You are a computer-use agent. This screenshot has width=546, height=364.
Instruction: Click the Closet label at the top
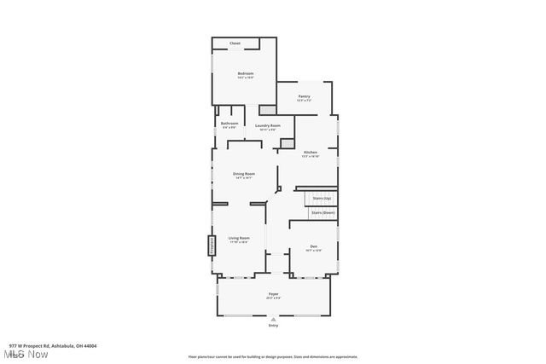pyautogui.click(x=235, y=43)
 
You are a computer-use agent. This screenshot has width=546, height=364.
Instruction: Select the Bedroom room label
pyautogui.click(x=246, y=74)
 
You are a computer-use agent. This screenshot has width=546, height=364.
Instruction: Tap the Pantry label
pyautogui.click(x=304, y=96)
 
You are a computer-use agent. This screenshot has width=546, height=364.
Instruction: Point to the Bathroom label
pyautogui.click(x=229, y=124)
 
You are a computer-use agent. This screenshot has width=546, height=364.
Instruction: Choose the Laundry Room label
pyautogui.click(x=267, y=125)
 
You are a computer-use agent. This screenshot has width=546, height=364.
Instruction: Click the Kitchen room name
pyautogui.click(x=310, y=153)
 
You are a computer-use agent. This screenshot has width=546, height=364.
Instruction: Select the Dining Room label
pyautogui.click(x=244, y=174)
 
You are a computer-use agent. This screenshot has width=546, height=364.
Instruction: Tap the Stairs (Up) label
pyautogui.click(x=321, y=198)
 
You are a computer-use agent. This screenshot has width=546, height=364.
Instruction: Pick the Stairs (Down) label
pyautogui.click(x=322, y=211)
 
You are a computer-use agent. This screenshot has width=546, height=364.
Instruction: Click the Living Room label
pyautogui.click(x=238, y=238)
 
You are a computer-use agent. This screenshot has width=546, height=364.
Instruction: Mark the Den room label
pyautogui.click(x=313, y=246)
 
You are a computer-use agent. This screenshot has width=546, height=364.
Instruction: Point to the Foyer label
pyautogui.click(x=273, y=294)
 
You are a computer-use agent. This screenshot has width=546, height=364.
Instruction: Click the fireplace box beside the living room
pyautogui.click(x=211, y=246)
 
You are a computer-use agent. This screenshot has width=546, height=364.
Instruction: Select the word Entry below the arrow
pyautogui.click(x=273, y=326)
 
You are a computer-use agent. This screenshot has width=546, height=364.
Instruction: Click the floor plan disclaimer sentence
pyautogui.click(x=272, y=357)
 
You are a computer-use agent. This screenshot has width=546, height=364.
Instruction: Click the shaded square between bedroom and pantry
pyautogui.click(x=267, y=109)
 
